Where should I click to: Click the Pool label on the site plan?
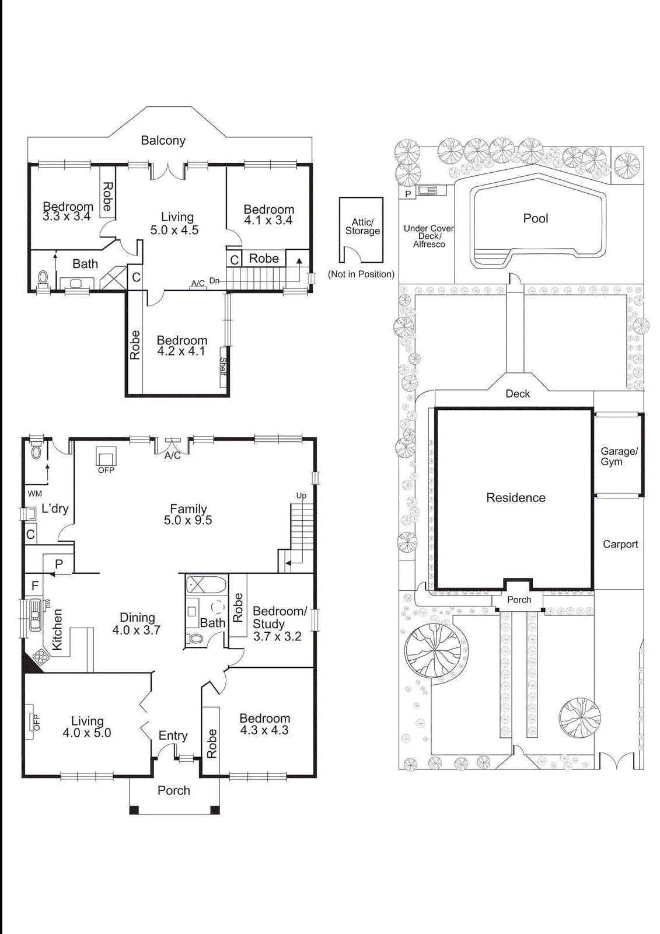coord(535,218)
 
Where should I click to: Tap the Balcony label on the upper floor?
coord(163,140)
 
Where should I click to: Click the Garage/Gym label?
coord(619,456)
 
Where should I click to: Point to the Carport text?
coord(620,544)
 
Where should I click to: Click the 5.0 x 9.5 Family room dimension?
coord(188,520)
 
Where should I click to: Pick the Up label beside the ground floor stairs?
coord(301,496)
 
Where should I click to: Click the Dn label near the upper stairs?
coord(215,281)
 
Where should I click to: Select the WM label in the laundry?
coord(34,493)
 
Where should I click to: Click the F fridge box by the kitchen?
coord(35,586)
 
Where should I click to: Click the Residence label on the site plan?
coord(516,498)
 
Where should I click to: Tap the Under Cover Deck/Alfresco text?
coord(429,236)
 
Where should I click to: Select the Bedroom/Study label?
coord(279,617)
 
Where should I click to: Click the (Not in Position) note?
coord(361,274)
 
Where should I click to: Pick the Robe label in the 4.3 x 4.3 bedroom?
coord(211,742)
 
